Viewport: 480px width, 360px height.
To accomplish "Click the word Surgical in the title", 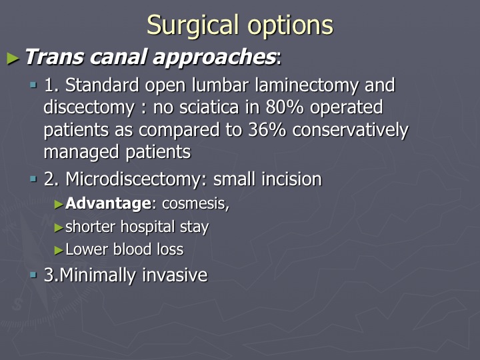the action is [193, 26].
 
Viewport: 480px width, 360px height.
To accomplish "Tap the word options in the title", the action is [290, 26].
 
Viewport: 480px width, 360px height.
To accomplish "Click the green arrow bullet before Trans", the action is [13, 58].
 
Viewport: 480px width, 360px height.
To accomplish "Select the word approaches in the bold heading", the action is [214, 57].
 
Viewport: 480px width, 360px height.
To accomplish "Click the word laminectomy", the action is [307, 85].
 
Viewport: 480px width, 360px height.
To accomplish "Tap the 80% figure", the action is [285, 107].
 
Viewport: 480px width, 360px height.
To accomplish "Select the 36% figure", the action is [267, 130].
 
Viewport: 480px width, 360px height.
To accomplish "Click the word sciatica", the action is [209, 107].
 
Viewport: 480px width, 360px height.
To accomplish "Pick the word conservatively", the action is [350, 130].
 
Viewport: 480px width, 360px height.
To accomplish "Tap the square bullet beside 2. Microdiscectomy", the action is [33, 179].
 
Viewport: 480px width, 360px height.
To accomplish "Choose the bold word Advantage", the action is [109, 203].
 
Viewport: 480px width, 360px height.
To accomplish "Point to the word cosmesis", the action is [194, 203].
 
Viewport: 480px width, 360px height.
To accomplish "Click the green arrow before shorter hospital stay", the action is [59, 227].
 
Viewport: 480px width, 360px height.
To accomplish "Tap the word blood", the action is [133, 249].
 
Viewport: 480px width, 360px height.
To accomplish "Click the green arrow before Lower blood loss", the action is [59, 250].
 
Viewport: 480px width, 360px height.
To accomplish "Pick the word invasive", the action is [175, 275].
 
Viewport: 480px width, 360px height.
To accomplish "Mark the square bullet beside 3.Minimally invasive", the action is [33, 275].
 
